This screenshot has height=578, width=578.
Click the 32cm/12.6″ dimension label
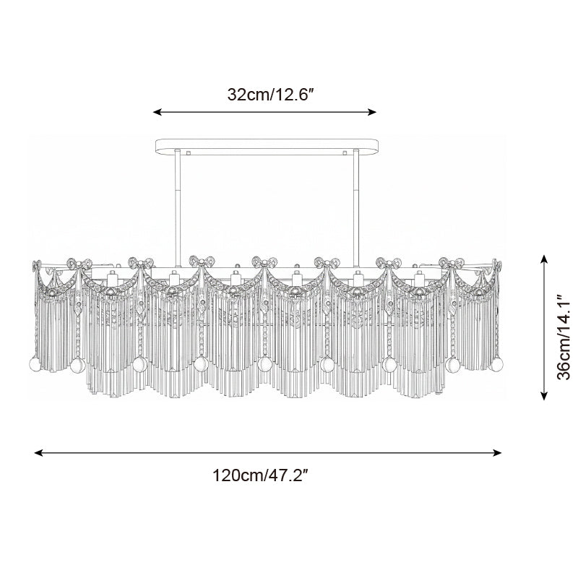point(270,95)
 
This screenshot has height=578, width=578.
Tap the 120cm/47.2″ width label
point(260,475)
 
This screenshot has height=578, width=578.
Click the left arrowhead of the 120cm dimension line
point(39,453)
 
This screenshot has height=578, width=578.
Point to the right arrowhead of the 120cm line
point(497,453)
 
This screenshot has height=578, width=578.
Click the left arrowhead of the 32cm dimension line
point(158,112)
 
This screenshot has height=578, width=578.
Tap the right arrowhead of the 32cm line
point(371,112)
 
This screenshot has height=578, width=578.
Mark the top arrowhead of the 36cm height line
point(544,259)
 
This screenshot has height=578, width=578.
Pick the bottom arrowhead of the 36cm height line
point(544,395)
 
